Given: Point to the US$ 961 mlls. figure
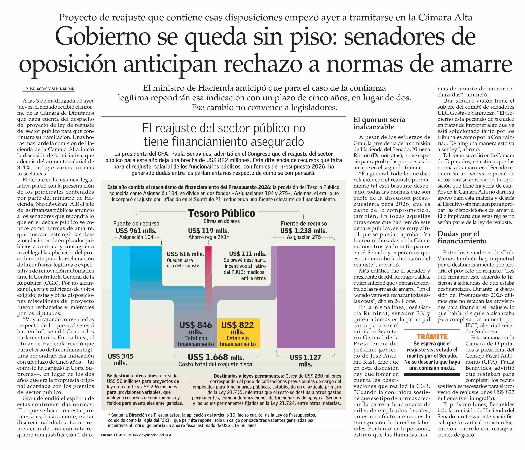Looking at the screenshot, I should (136, 231).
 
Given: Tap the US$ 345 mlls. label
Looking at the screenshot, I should (120, 360).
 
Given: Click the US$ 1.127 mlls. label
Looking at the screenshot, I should (305, 361).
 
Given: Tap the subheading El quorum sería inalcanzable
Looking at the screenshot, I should (379, 123).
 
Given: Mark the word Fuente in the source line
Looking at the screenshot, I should (106, 435).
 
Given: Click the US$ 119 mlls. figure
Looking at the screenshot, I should (208, 231).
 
